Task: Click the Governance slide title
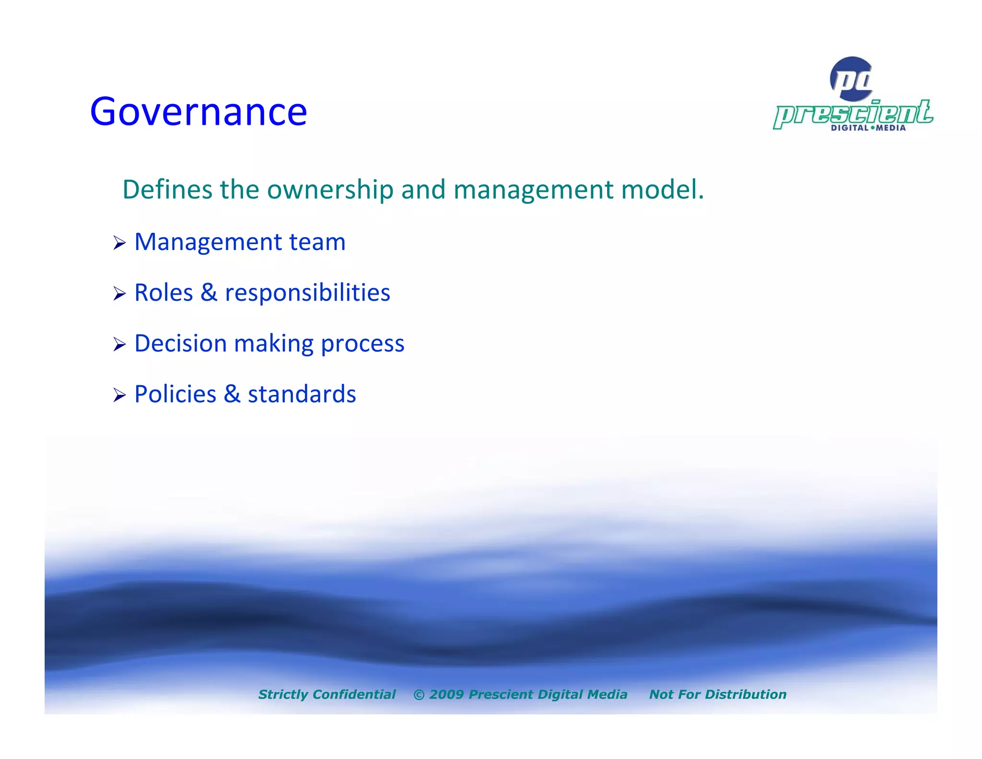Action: point(198,111)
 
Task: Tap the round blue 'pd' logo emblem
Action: point(852,79)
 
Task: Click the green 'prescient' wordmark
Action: point(853,114)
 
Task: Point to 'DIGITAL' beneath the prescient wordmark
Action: point(849,128)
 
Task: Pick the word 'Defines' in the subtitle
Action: point(167,190)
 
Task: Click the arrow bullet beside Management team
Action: point(119,243)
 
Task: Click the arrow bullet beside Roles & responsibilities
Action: point(119,294)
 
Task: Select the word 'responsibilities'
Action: point(307,293)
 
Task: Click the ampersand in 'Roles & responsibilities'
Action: point(209,293)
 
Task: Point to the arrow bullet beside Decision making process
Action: point(119,344)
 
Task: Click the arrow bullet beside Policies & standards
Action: point(119,395)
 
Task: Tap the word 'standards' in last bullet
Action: point(302,394)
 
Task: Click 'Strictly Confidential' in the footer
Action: point(327,694)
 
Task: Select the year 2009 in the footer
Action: point(446,694)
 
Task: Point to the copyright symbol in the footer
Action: point(419,695)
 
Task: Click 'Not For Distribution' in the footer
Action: point(717,694)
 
